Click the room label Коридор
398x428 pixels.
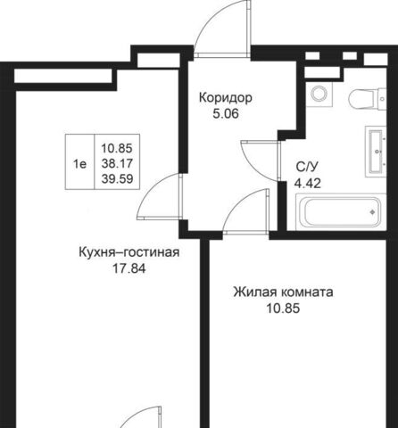point(226,98)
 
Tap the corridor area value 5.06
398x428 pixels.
point(226,114)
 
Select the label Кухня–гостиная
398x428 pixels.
point(129,252)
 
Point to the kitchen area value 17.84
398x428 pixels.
point(129,268)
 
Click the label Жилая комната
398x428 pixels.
point(283,292)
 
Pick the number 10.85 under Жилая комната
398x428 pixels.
point(283,309)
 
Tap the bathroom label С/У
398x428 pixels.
point(307,168)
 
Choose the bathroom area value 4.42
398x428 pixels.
point(308,184)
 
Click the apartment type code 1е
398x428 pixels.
point(79,163)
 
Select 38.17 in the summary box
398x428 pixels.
point(117,163)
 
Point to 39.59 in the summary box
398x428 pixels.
point(117,179)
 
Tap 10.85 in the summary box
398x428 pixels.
point(117,148)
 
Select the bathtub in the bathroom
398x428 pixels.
point(341,211)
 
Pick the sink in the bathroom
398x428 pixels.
point(376,152)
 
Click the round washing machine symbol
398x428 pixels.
point(319,94)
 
